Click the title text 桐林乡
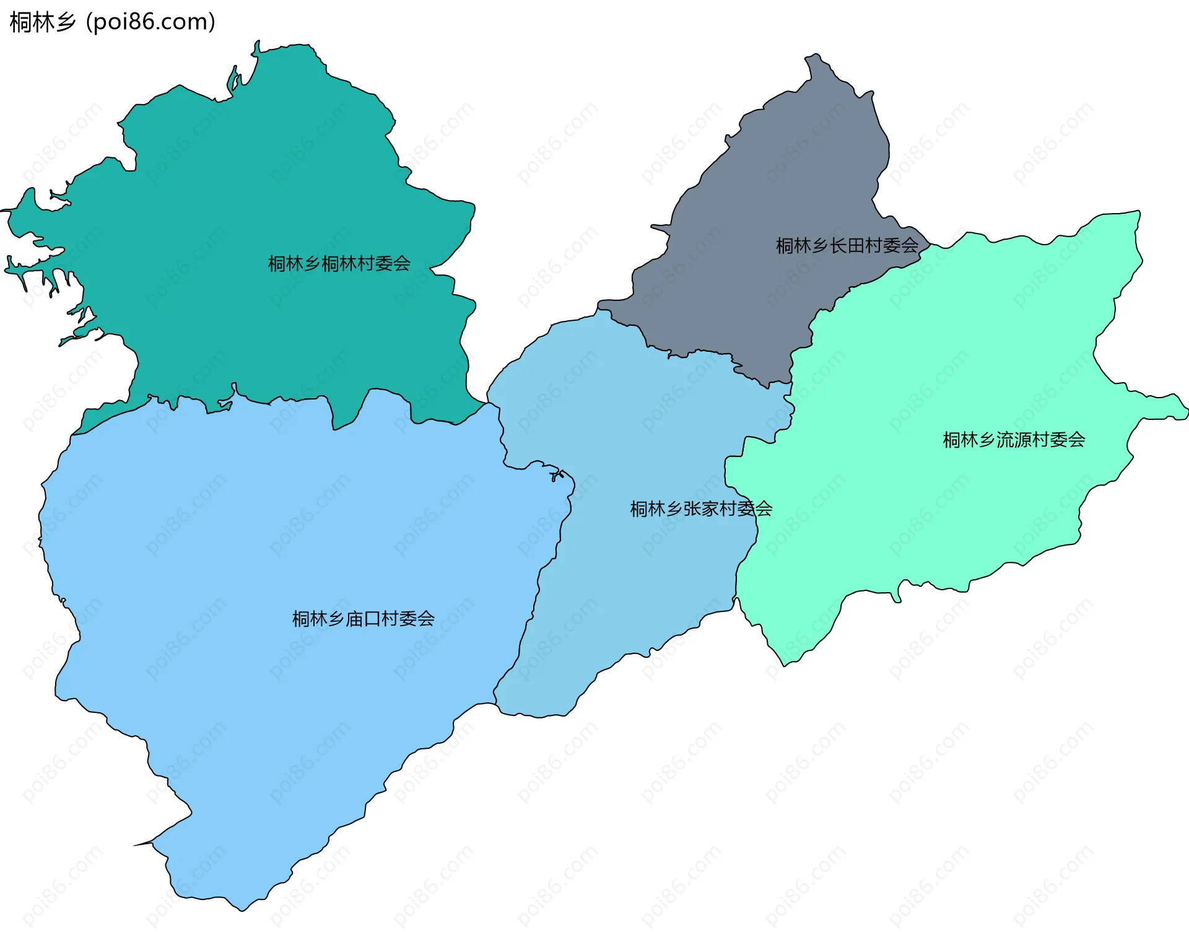click(x=42, y=22)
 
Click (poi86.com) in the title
click(x=150, y=22)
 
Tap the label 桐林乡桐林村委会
click(x=339, y=264)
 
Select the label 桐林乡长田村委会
click(x=847, y=246)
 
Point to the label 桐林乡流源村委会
click(x=1013, y=440)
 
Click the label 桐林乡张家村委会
click(x=700, y=509)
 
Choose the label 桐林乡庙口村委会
click(x=363, y=618)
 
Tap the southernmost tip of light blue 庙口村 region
click(x=242, y=908)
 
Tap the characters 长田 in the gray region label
click(x=847, y=246)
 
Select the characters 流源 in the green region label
click(x=1013, y=440)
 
